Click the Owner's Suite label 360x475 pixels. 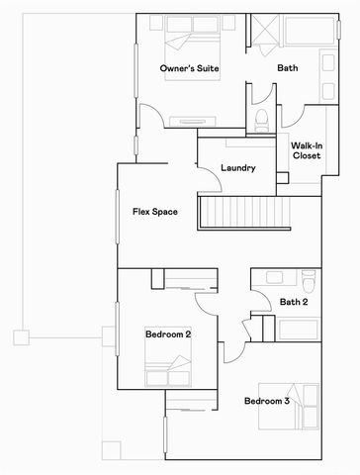190,68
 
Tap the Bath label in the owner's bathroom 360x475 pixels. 288,68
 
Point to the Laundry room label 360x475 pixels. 239,168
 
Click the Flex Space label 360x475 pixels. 154,212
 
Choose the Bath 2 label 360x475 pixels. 294,302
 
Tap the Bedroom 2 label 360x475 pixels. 167,334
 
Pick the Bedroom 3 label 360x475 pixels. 267,401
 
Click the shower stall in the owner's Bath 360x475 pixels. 262,34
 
